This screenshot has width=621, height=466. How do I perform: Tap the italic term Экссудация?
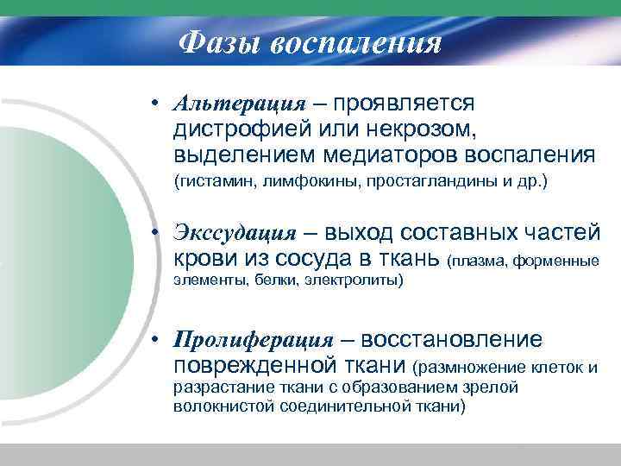(x=235, y=232)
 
